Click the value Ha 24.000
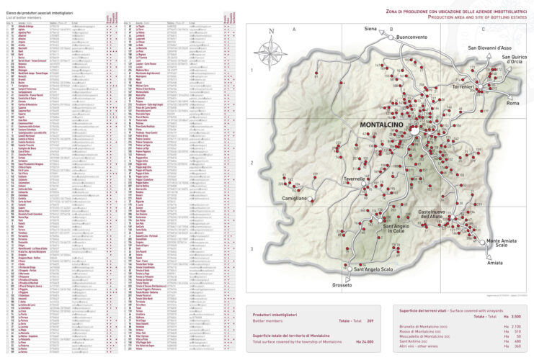[x=371, y=341]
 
